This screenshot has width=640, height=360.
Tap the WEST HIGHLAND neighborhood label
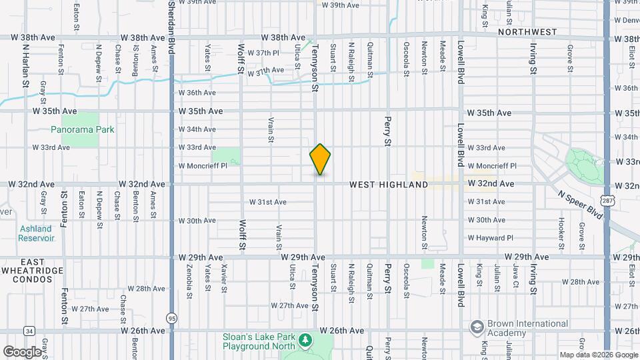click(x=389, y=185)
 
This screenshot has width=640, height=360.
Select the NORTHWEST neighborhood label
click(x=527, y=31)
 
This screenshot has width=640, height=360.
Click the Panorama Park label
click(x=84, y=130)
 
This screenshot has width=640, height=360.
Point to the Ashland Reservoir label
click(x=35, y=233)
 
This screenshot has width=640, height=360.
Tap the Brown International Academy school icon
click(x=477, y=327)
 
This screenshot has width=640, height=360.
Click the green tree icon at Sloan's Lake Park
click(x=305, y=341)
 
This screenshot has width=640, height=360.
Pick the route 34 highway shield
click(x=29, y=331)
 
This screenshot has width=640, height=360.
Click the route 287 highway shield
click(x=606, y=199)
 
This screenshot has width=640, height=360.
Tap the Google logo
click(x=22, y=351)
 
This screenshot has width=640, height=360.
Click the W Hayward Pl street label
click(x=491, y=238)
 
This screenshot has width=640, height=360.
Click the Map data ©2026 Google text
click(x=598, y=355)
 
